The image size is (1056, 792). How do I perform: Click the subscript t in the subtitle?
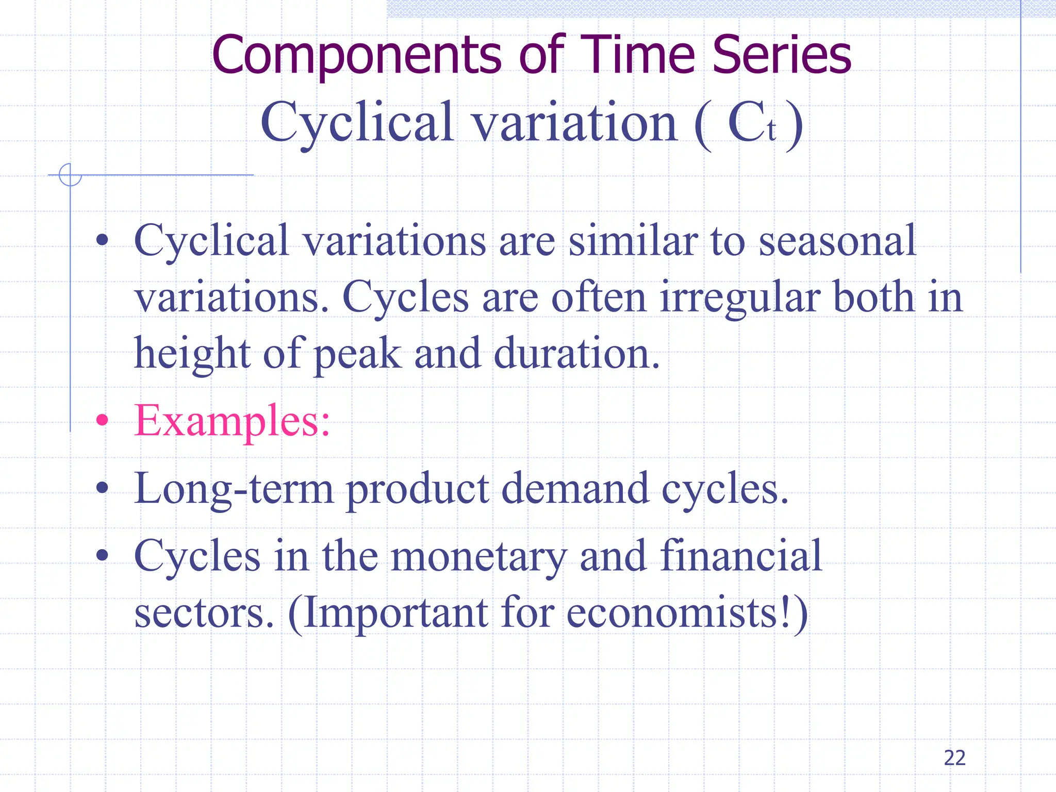point(771,130)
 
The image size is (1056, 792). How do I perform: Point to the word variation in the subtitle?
point(575,122)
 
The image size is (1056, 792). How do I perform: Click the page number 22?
point(954,758)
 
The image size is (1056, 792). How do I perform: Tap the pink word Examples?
point(232,421)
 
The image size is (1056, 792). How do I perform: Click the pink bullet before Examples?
point(103,421)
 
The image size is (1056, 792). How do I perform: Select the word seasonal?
point(837,241)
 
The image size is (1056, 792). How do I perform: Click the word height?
point(192,354)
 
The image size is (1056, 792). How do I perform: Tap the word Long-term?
point(234,488)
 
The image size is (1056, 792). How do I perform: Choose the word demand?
point(574,488)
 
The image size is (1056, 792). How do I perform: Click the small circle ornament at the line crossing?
point(70,174)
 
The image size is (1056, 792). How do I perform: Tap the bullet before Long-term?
point(103,487)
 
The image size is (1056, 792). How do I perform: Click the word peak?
point(357,354)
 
